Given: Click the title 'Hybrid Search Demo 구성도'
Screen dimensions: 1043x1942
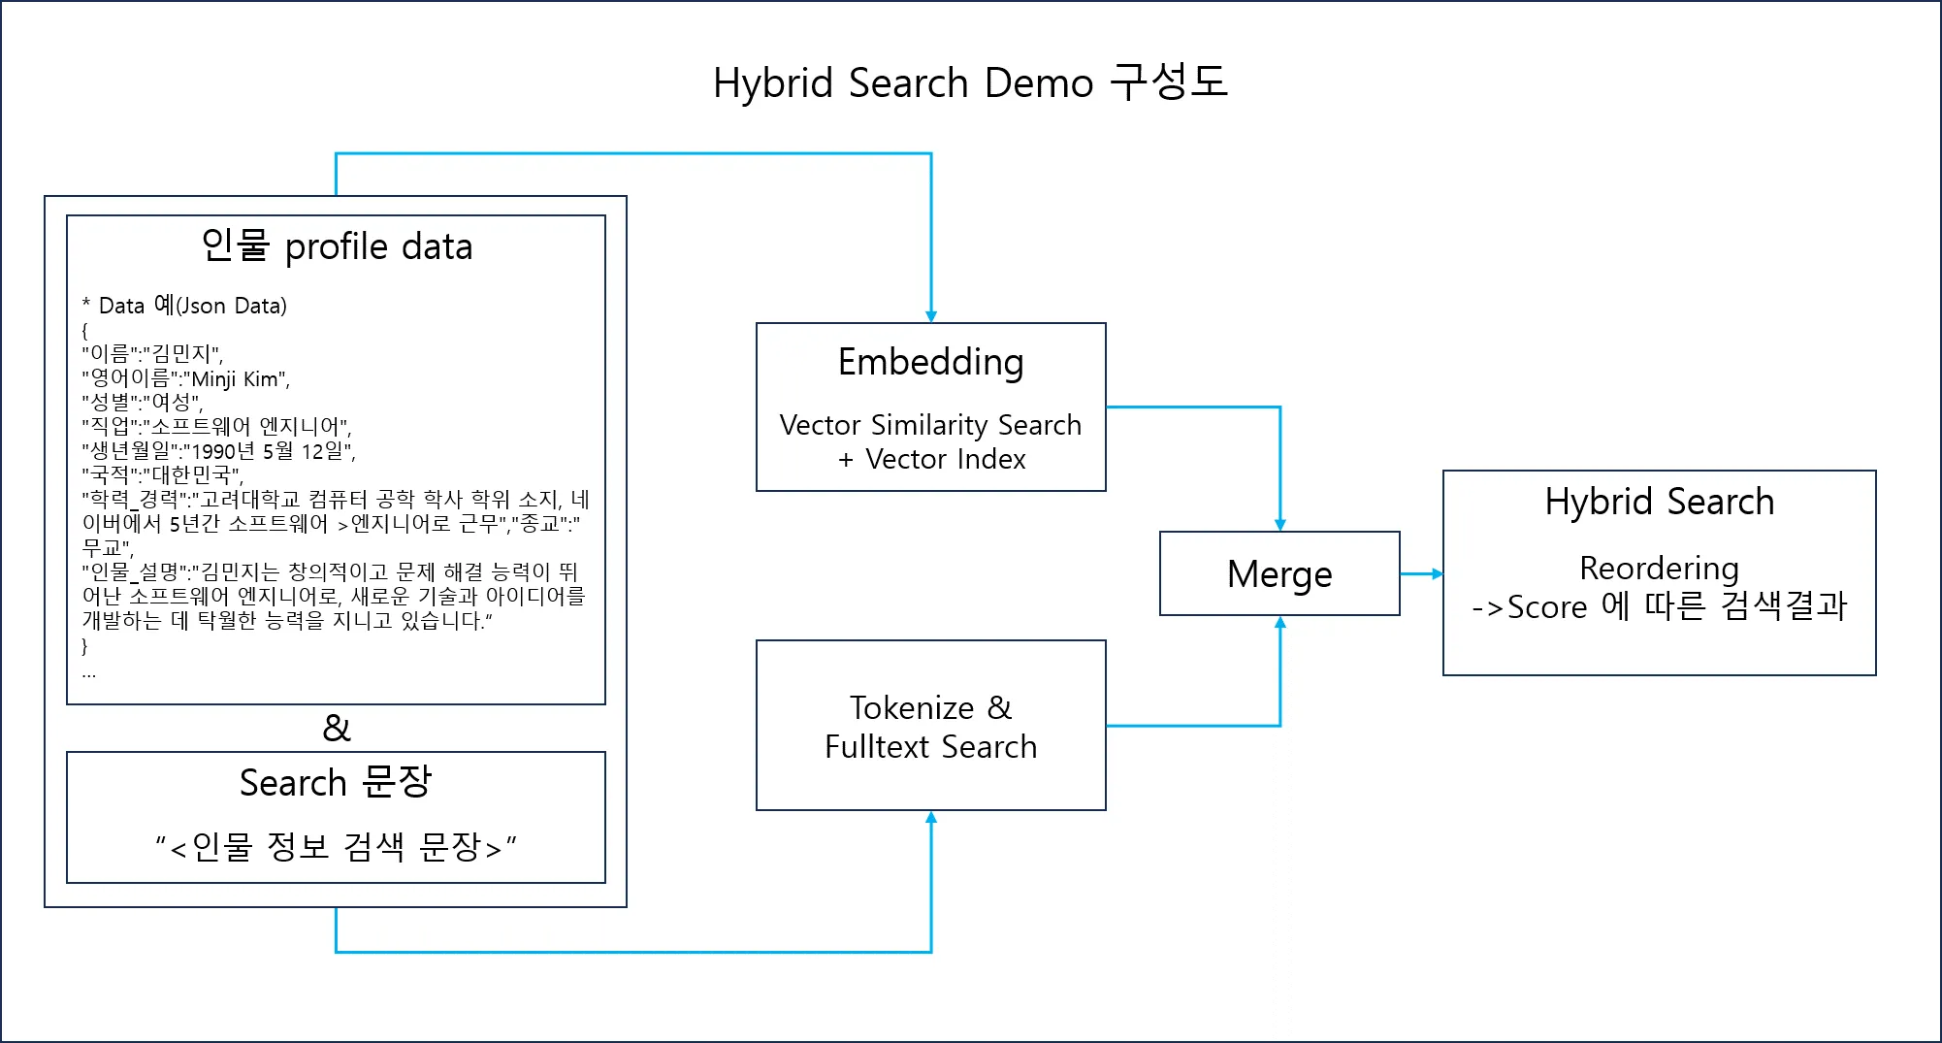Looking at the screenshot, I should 970,82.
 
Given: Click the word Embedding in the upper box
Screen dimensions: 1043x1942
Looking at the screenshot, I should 930,362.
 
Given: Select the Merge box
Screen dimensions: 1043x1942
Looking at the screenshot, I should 1279,573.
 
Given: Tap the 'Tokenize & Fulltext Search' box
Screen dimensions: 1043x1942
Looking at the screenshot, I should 930,727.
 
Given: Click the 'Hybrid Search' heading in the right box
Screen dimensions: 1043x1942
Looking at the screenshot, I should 1659,502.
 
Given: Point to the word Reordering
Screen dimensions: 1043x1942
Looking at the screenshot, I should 1659,568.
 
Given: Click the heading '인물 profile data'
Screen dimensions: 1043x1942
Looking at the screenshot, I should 337,246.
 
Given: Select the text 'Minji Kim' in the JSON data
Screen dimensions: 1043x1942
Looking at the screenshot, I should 237,378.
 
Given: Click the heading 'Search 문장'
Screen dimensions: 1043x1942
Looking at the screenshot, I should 336,782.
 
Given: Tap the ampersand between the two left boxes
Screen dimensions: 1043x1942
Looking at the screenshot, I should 337,728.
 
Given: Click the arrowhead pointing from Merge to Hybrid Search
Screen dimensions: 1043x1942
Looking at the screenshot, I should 1437,573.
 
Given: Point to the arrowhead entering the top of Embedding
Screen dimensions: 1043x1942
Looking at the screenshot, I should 931,316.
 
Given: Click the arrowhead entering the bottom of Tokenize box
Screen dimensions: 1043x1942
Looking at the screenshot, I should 931,817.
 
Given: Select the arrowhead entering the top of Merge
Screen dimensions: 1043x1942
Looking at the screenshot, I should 1280,525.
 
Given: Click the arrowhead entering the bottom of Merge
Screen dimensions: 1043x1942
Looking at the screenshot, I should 1280,622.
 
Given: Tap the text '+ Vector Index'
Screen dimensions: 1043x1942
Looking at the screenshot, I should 931,459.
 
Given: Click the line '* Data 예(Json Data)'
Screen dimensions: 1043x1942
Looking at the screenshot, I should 184,306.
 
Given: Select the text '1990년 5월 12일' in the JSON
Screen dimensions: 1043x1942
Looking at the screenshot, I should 268,451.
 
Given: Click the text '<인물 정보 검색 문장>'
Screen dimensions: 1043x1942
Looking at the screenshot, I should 336,847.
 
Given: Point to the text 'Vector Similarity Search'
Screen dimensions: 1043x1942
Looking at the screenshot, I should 930,425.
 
